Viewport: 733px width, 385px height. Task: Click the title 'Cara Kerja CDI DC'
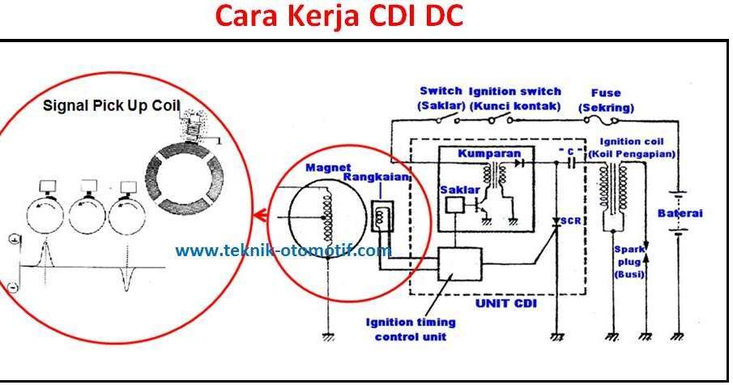tap(339, 15)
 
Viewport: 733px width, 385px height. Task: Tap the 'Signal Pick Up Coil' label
tap(111, 105)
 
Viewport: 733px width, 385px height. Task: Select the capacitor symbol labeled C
tap(571, 163)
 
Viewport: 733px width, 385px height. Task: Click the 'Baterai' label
tap(680, 213)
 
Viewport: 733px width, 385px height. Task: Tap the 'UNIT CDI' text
tap(505, 303)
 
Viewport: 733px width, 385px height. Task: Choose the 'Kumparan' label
tap(489, 153)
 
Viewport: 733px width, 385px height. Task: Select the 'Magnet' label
tap(328, 168)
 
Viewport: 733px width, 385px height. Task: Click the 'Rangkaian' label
tap(377, 177)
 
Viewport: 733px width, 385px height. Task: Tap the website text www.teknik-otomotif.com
tap(283, 250)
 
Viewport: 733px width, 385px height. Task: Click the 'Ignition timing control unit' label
tap(411, 329)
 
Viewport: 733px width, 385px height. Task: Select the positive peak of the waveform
tap(45, 243)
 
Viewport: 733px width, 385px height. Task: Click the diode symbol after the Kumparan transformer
tap(518, 163)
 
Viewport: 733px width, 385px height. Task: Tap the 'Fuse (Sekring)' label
tap(606, 101)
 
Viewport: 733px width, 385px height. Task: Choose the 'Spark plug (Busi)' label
tap(629, 262)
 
